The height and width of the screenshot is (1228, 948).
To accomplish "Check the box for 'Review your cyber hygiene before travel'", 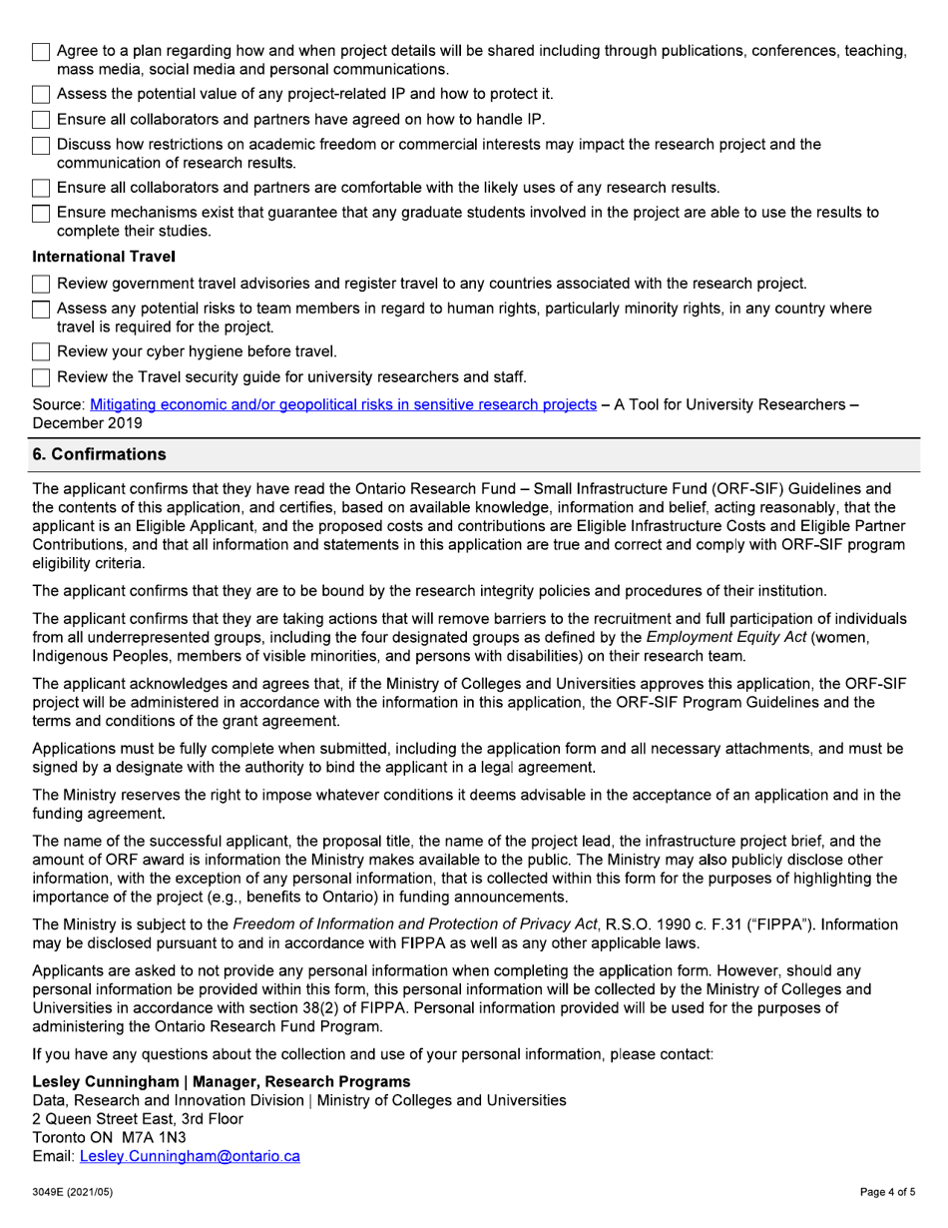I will point(42,351).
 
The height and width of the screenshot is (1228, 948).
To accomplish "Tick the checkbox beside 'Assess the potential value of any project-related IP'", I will point(42,95).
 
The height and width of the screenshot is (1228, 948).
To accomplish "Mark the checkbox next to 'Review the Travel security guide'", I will point(42,377).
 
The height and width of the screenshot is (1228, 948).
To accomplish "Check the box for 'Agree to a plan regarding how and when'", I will point(42,52).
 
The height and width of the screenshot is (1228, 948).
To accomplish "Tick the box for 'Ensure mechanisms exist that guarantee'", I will point(42,214).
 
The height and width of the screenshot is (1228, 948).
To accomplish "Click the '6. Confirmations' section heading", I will point(100,454).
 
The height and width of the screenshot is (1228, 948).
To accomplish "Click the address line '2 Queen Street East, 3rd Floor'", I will point(138,1119).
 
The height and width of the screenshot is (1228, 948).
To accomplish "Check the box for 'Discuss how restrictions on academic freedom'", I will point(42,146).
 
